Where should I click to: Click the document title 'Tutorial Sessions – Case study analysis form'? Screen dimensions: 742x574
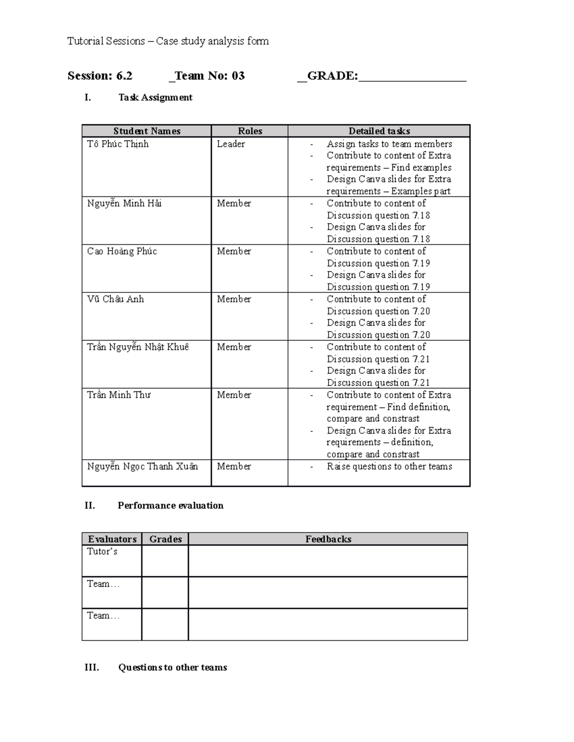[168, 41]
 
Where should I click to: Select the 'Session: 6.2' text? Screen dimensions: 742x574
[100, 76]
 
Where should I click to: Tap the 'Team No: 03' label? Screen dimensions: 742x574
[210, 76]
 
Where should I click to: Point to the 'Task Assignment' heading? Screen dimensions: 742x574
[155, 97]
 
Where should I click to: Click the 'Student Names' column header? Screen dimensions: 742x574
[147, 131]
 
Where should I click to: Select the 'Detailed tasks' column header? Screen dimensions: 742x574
[379, 131]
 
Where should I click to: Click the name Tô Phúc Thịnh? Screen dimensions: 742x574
[118, 144]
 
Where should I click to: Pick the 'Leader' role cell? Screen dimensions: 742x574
[231, 144]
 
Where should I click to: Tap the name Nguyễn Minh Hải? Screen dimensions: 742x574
[124, 204]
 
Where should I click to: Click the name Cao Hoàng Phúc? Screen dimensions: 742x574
[122, 251]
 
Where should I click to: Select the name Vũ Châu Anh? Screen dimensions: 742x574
[115, 299]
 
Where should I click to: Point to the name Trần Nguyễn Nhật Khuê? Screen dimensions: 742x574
[138, 347]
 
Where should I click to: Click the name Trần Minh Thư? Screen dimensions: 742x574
[119, 395]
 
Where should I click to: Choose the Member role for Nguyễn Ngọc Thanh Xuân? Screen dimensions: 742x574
[234, 466]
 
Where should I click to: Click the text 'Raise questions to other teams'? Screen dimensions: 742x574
[389, 466]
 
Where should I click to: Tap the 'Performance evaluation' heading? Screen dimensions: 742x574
[170, 505]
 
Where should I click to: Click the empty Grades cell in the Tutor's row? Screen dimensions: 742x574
[165, 561]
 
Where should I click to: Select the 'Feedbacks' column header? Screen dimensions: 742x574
[328, 539]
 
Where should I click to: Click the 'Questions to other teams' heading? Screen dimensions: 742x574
[172, 667]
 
